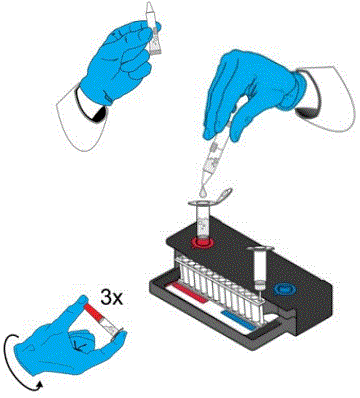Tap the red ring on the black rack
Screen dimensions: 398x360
click(x=204, y=241)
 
